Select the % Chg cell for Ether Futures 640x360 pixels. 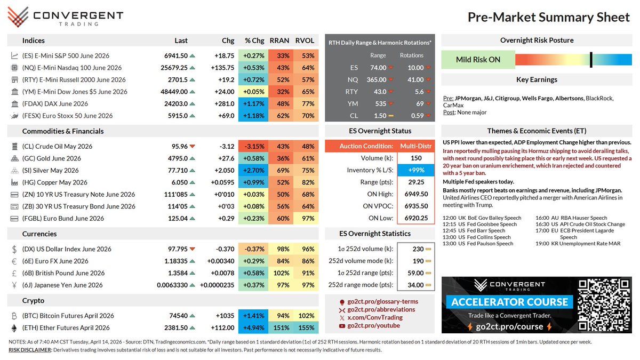(x=253, y=328)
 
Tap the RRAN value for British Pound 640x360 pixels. (x=283, y=273)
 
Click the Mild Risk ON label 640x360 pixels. (x=478, y=60)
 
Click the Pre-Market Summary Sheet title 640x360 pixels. (x=548, y=18)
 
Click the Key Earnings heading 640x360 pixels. (x=537, y=79)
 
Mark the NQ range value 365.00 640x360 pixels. (x=378, y=79)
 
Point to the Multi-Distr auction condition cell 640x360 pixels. (x=411, y=146)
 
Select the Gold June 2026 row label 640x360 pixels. (x=52, y=158)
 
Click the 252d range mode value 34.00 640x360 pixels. (x=415, y=285)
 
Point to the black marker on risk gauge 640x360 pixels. (x=591, y=60)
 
